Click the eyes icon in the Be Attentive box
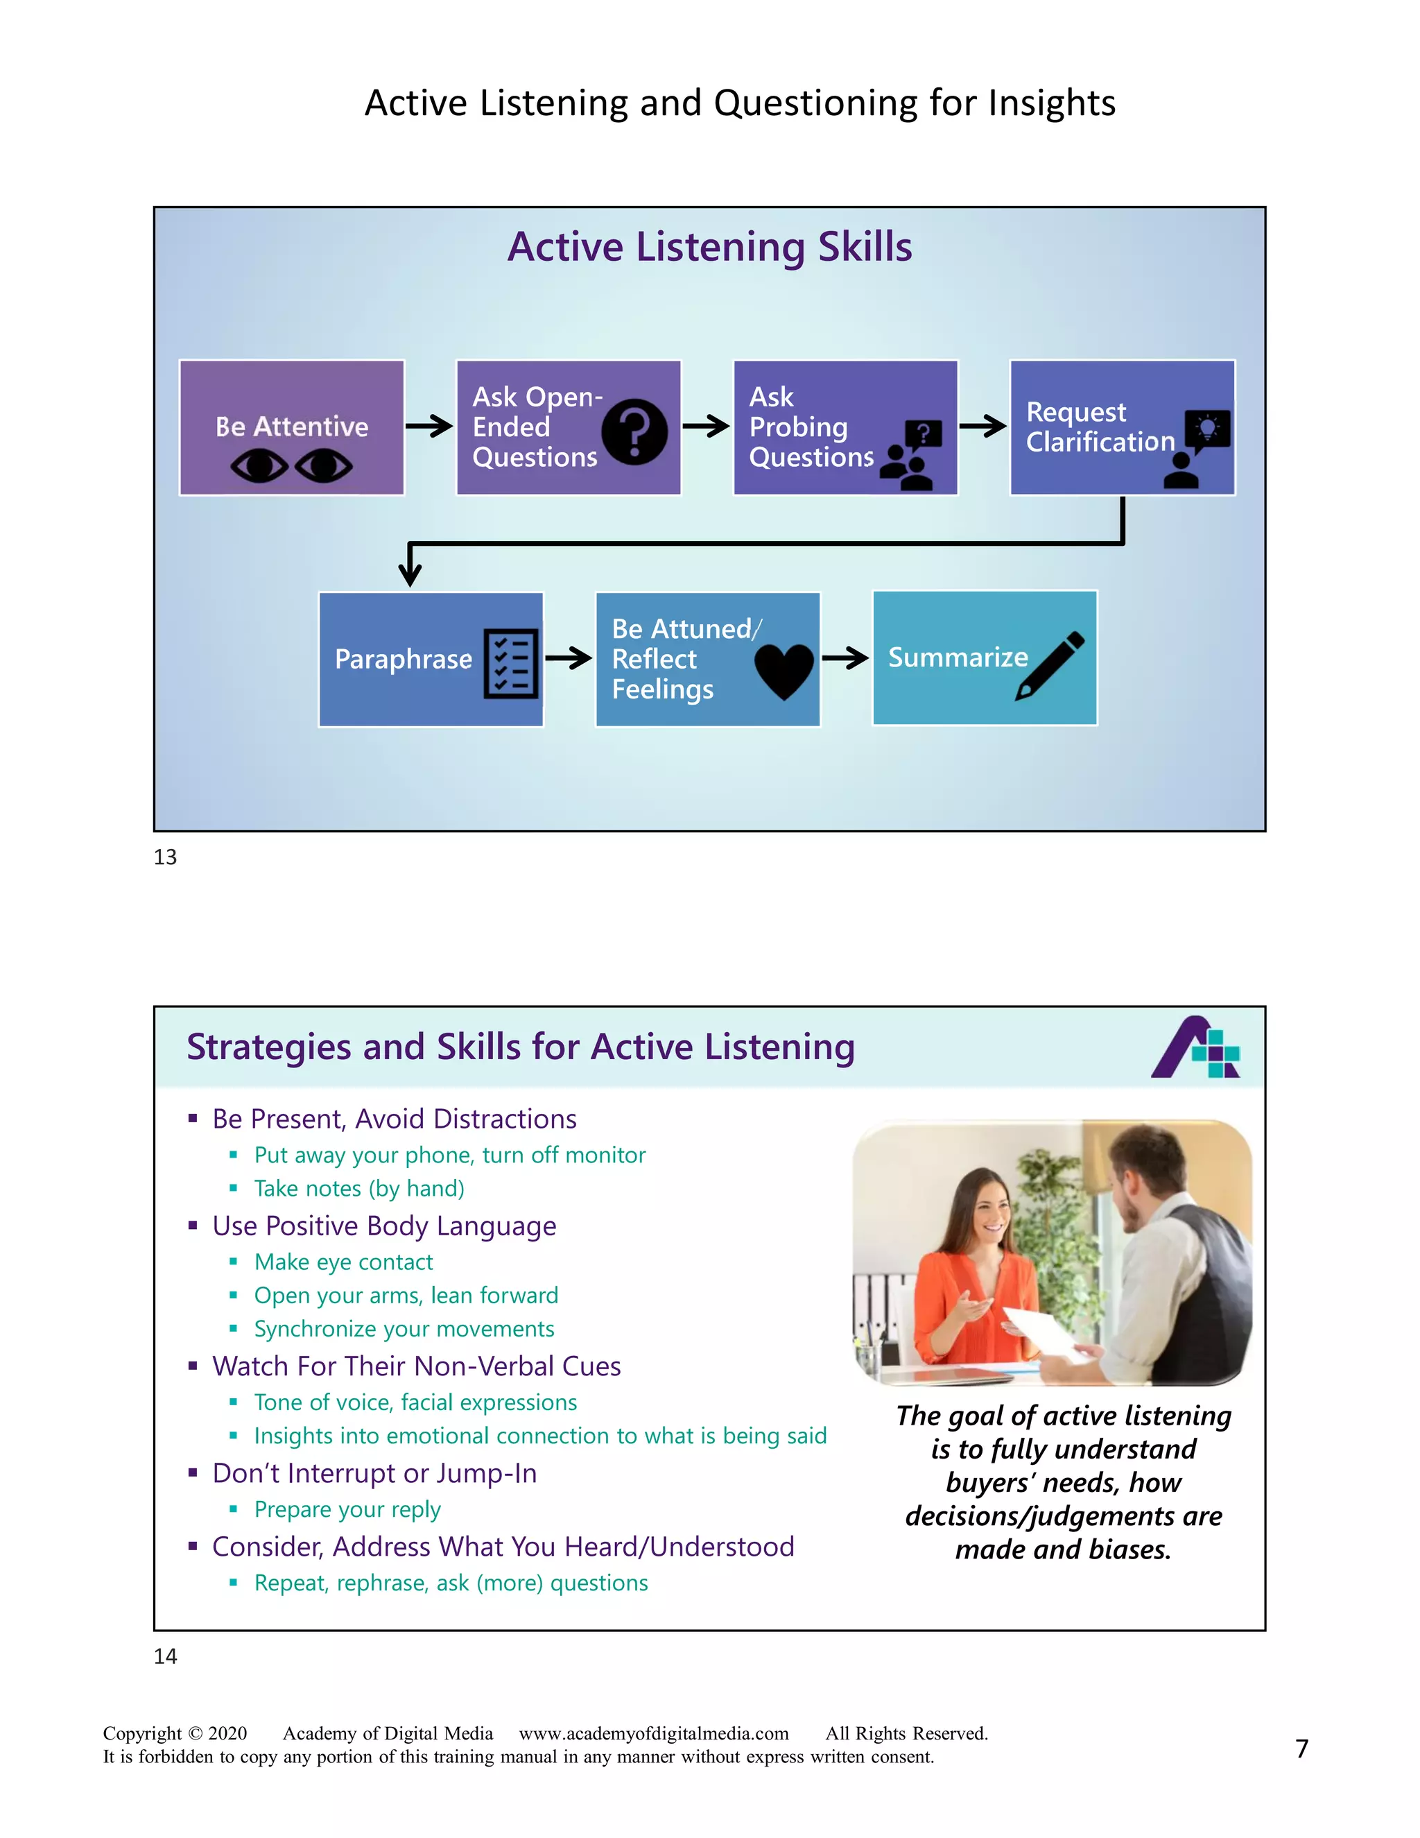291,465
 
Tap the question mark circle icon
635,431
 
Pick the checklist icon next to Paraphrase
510,663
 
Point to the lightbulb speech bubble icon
1207,430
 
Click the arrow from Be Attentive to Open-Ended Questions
429,426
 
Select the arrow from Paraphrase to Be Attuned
569,658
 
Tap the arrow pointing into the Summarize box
845,658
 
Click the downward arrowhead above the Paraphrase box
410,572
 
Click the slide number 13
165,857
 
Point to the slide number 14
165,1656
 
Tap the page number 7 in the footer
1301,1749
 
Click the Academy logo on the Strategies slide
1195,1048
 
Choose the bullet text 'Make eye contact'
343,1262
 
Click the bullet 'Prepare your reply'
347,1510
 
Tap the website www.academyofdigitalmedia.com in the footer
654,1733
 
